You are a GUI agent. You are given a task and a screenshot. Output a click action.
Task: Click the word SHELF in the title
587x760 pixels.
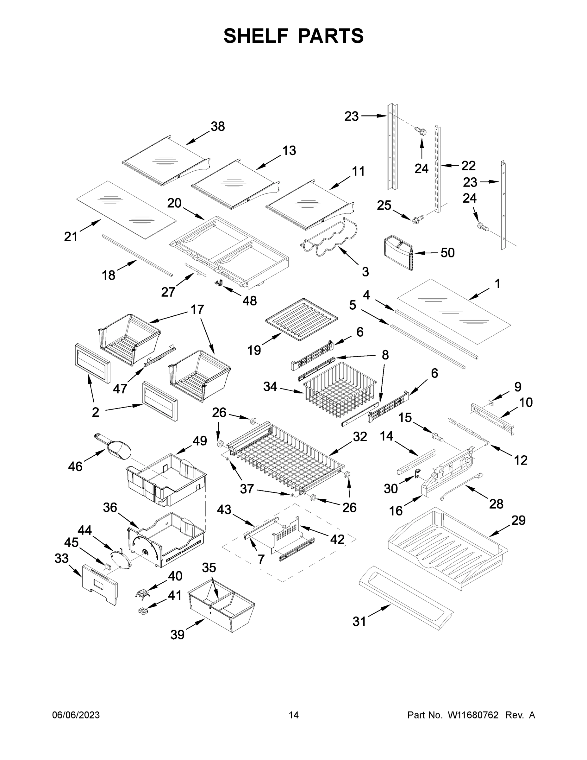click(256, 36)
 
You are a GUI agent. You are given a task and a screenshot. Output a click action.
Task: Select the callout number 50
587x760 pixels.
click(447, 253)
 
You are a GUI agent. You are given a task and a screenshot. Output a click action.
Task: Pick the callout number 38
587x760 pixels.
click(218, 126)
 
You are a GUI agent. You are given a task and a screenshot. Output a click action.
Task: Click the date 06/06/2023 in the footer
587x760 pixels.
click(76, 715)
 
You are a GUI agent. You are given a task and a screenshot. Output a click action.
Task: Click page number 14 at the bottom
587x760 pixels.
click(294, 715)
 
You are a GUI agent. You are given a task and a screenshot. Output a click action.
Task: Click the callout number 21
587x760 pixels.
click(71, 237)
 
